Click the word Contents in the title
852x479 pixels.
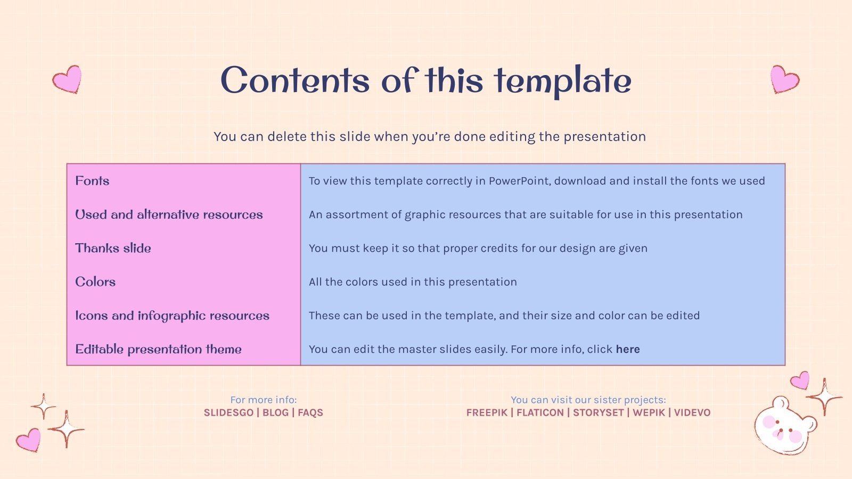click(294, 81)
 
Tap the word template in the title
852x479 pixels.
click(563, 81)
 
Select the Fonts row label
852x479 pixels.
click(92, 181)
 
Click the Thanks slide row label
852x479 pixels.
click(113, 248)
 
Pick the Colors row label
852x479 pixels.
click(95, 282)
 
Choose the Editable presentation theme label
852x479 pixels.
click(158, 349)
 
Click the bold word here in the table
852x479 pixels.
click(628, 349)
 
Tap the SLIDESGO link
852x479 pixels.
click(228, 412)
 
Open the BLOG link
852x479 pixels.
click(275, 412)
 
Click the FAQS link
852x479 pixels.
click(310, 412)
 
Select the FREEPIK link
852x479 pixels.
click(486, 412)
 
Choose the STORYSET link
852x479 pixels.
click(598, 412)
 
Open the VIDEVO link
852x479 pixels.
click(692, 412)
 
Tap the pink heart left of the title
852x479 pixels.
click(68, 79)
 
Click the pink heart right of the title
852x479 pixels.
click(784, 79)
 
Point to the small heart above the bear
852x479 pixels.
click(800, 380)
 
